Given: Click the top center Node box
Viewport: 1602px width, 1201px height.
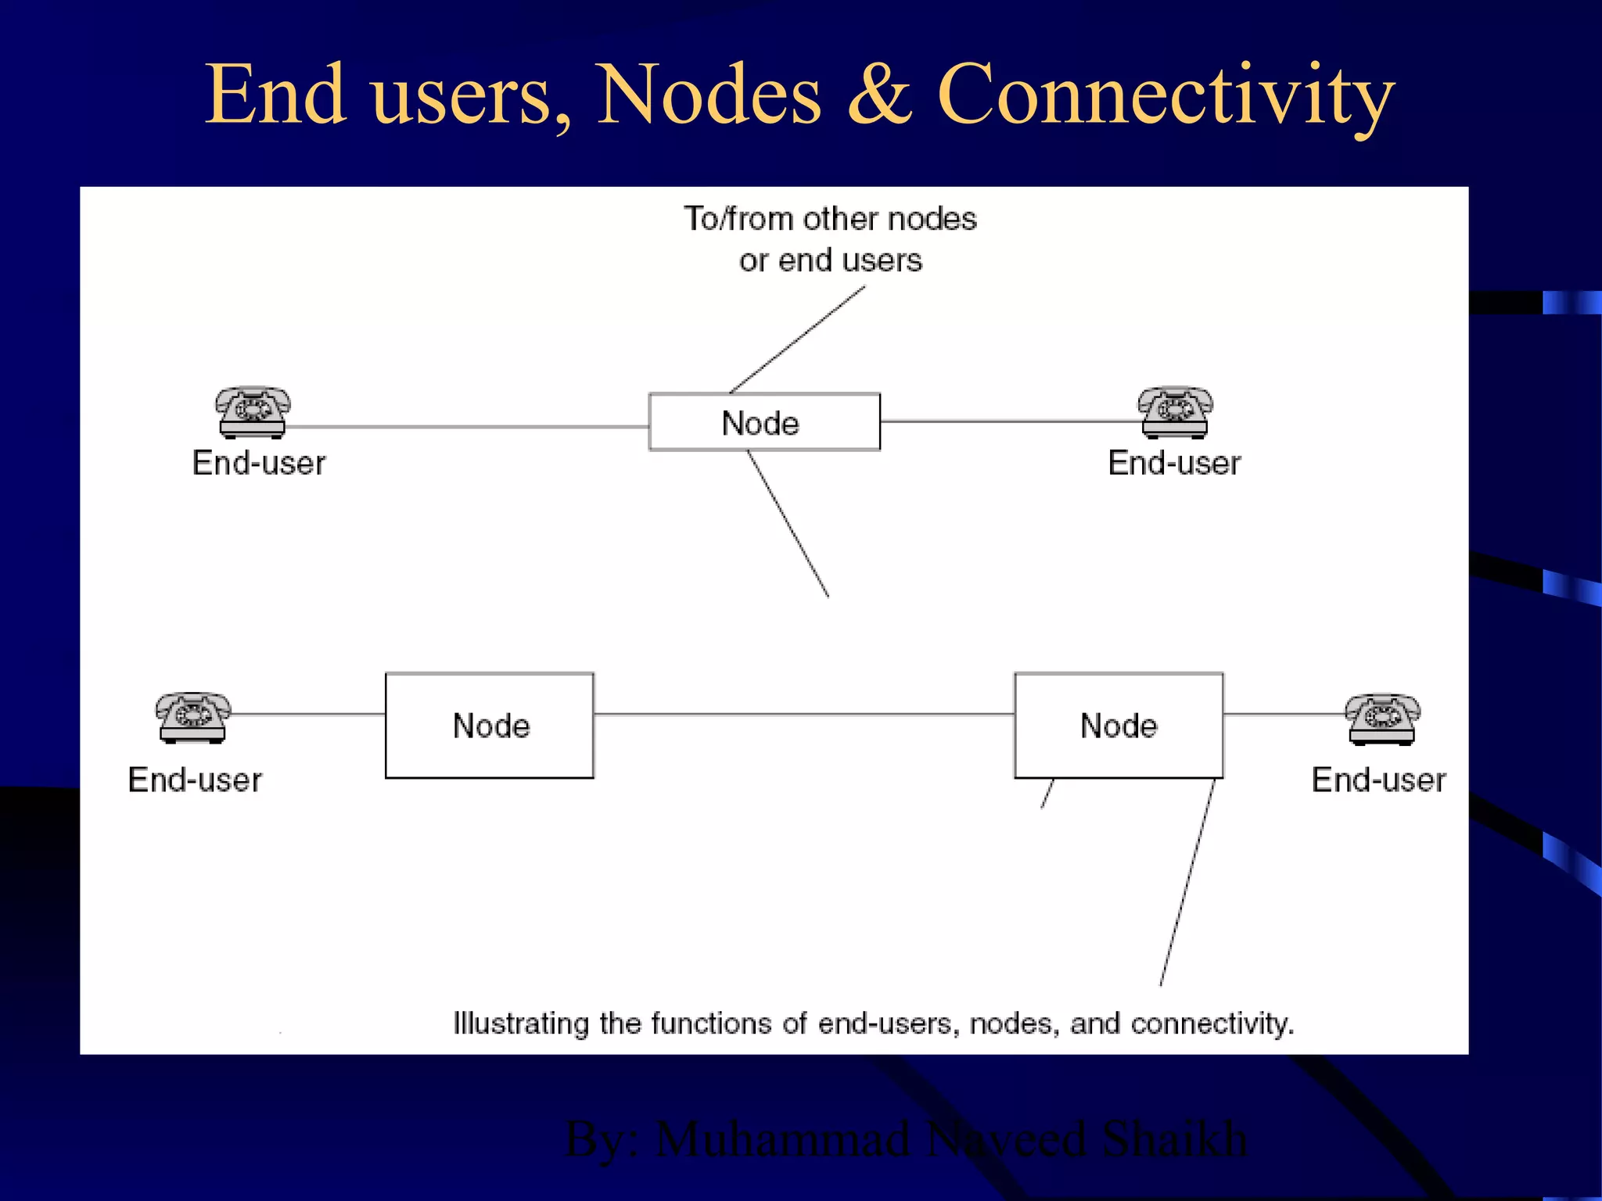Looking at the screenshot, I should click(x=764, y=422).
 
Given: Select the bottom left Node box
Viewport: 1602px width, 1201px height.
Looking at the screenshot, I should click(x=490, y=725).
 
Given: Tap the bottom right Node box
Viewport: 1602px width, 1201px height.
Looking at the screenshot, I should click(x=1119, y=725).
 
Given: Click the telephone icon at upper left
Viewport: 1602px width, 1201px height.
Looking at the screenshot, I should click(x=253, y=411).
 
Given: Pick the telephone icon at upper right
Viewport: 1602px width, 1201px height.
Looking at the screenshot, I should click(x=1175, y=411).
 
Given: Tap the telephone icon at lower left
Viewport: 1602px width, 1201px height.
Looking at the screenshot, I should click(x=192, y=717).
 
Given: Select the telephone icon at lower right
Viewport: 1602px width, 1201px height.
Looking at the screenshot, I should click(x=1382, y=719).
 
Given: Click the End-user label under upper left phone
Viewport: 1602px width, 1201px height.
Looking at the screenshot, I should click(x=259, y=463).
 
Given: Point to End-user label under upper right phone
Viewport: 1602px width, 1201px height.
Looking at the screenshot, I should click(x=1174, y=463).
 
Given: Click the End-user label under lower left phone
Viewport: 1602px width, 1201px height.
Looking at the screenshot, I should click(x=195, y=780).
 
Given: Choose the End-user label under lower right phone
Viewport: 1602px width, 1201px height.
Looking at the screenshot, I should click(x=1378, y=780).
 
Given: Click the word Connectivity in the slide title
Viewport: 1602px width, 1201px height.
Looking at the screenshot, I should click(x=1166, y=95).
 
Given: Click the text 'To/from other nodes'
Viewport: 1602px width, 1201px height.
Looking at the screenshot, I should click(x=830, y=219).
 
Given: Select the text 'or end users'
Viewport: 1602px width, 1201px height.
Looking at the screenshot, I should click(x=830, y=260).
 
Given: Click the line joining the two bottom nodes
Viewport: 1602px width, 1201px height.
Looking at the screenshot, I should click(x=804, y=714).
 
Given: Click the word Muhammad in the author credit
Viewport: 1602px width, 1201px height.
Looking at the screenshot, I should click(x=782, y=1138).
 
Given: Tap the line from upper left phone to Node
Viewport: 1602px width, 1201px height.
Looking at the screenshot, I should click(x=468, y=427).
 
